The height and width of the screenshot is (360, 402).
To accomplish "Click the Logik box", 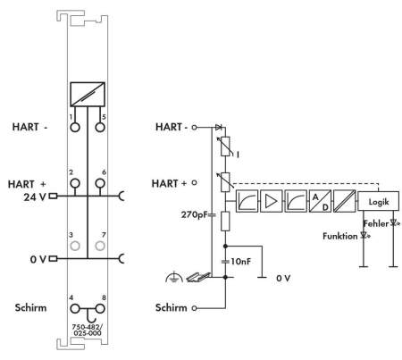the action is [x=378, y=201].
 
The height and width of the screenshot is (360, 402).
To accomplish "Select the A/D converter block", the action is [x=320, y=201].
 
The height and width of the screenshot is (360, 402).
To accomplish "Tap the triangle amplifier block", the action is [x=271, y=201].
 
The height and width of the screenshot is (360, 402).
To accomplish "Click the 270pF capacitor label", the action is [x=194, y=214].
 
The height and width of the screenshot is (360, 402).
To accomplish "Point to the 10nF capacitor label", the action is [x=240, y=262].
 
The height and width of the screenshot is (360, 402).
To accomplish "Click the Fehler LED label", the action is [x=376, y=223].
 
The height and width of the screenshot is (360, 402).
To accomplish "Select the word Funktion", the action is [x=340, y=236].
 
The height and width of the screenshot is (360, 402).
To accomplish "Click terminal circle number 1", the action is [x=75, y=128].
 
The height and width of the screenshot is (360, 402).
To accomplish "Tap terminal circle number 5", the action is [x=100, y=128].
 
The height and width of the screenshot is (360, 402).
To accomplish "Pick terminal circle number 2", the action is [x=75, y=183].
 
